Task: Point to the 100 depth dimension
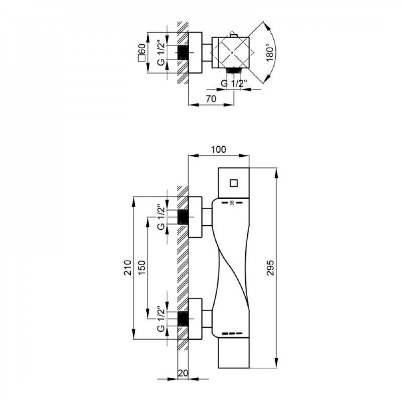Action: pyautogui.click(x=218, y=149)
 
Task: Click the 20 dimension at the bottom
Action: pyautogui.click(x=183, y=373)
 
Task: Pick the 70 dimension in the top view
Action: pyautogui.click(x=211, y=98)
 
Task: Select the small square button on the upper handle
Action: pyautogui.click(x=234, y=183)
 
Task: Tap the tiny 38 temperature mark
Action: pyautogui.click(x=232, y=203)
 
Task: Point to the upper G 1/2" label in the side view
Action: pyautogui.click(x=161, y=217)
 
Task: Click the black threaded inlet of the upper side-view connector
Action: pyautogui.click(x=183, y=217)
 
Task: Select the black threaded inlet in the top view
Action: pyautogui.click(x=183, y=53)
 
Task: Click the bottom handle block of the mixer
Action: pyautogui.click(x=234, y=352)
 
